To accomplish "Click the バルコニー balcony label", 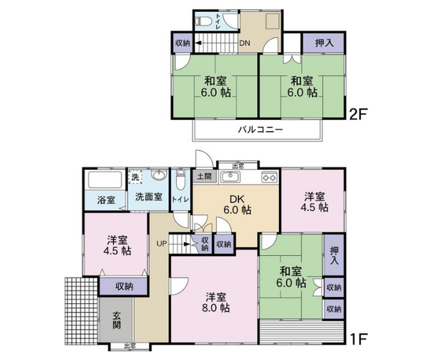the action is (260, 130).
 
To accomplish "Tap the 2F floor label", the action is (358, 114).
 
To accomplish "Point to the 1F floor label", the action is (358, 338).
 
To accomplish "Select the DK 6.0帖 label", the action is (237, 205).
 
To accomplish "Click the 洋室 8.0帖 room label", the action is (216, 302).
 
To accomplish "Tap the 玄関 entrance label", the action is (117, 320).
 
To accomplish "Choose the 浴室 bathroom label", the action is (106, 200).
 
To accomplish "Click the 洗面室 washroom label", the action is (149, 197).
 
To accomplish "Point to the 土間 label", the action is (204, 176).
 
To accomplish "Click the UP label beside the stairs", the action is (161, 243).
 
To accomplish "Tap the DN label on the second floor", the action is (244, 44).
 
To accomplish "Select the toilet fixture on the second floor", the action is (204, 22).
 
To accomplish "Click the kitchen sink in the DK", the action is (230, 177).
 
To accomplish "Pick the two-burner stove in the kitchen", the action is (269, 177).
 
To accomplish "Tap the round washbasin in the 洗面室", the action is (160, 175).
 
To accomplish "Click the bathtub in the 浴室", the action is (105, 180).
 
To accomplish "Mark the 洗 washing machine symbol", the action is (135, 177).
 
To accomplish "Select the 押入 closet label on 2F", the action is (324, 43).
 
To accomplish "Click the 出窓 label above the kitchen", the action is (238, 166).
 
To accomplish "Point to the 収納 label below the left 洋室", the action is (124, 286).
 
